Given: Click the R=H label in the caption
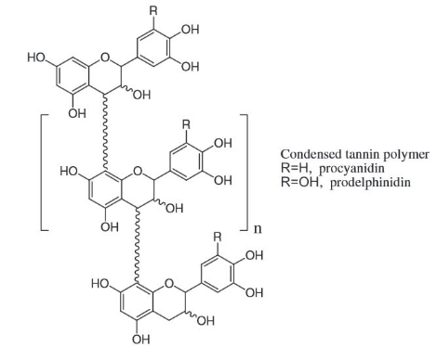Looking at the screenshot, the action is coord(296,167).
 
